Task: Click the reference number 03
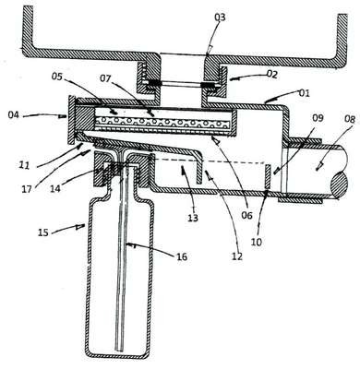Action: point(220,18)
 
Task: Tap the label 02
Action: point(272,75)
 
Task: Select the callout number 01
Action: point(305,92)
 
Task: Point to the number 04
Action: point(14,115)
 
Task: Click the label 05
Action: point(57,77)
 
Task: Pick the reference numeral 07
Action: point(105,78)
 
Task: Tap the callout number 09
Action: point(318,118)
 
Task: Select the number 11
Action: point(23,166)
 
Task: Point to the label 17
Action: point(27,188)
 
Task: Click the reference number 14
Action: point(55,189)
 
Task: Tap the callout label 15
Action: point(43,232)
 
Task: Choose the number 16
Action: point(182,256)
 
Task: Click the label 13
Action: point(193,218)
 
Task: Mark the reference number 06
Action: point(246,215)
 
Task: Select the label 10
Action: point(257,242)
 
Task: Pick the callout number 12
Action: point(237,256)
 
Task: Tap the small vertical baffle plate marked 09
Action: point(268,177)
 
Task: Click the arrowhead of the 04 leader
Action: point(63,116)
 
